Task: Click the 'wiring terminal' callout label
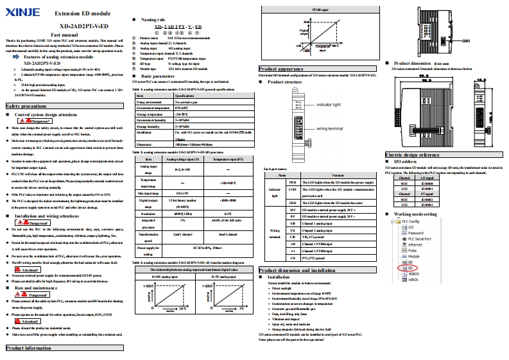pos(331,128)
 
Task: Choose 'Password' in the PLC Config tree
pos(415,233)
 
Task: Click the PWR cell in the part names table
pos(293,182)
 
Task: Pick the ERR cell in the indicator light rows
pos(293,201)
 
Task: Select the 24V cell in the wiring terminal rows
pos(293,210)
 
